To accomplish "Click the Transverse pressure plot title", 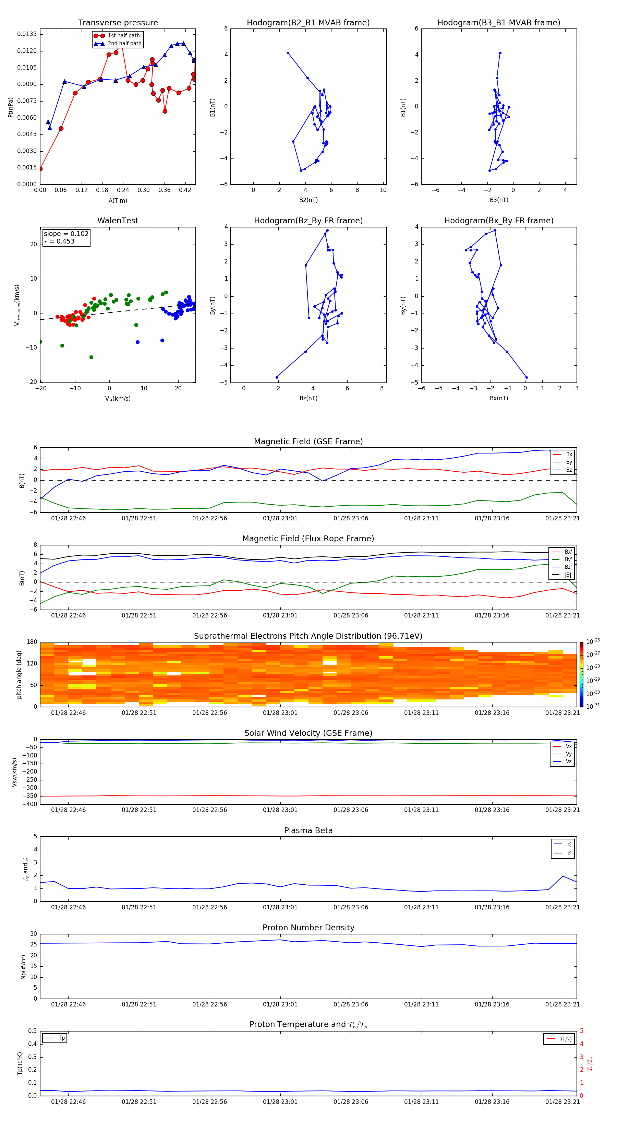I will click(118, 23).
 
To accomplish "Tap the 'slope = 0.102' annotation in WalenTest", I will click(66, 234).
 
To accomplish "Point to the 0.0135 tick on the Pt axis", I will click(27, 34).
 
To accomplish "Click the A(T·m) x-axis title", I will click(118, 201).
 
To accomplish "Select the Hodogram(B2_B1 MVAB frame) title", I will click(308, 23).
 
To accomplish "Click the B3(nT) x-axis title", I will click(499, 200).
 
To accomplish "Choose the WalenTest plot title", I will click(118, 221).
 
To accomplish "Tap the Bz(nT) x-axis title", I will click(308, 398).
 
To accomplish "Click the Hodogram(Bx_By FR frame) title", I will click(498, 221).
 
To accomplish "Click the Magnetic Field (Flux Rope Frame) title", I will click(308, 539).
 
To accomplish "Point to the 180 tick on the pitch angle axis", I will click(32, 642).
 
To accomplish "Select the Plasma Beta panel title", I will click(308, 830).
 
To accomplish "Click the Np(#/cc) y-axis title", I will click(23, 967).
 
